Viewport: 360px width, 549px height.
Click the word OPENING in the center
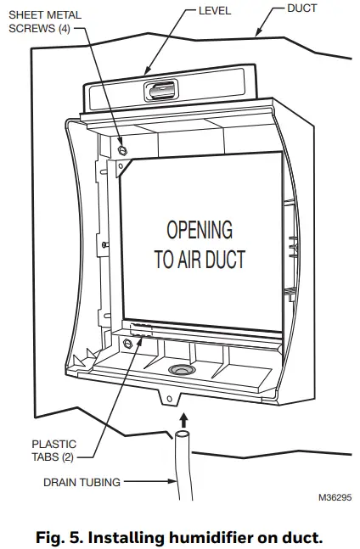(199, 230)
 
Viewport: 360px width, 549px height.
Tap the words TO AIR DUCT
(200, 259)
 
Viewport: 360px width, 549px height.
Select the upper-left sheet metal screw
(123, 149)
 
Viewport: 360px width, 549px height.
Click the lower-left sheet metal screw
(128, 343)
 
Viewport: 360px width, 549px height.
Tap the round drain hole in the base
(180, 370)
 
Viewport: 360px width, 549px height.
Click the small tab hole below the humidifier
(168, 397)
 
